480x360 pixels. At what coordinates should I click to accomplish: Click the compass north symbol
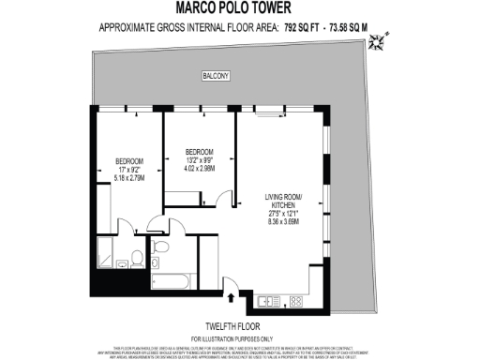coord(378,40)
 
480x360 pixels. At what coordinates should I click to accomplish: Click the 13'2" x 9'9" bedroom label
coord(199,160)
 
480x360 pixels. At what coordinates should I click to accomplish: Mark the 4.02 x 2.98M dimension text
coord(199,169)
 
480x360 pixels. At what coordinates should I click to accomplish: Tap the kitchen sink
coord(266,301)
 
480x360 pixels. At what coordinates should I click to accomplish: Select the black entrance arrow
coord(232,298)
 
